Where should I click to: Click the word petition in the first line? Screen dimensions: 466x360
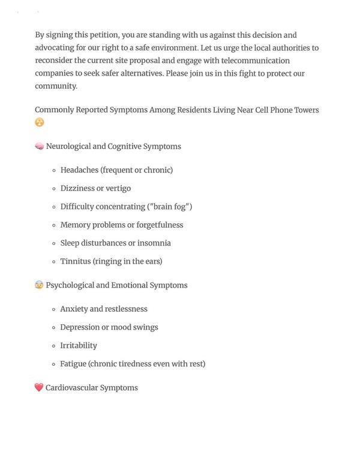tap(102, 35)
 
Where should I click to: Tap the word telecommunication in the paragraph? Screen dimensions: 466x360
tap(256, 61)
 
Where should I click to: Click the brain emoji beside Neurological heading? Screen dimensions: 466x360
tap(39, 147)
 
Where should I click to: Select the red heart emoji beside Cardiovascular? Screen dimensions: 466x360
tap(39, 388)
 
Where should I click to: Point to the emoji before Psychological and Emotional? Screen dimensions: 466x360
tap(39, 285)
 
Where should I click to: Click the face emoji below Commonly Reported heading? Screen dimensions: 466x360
tap(40, 123)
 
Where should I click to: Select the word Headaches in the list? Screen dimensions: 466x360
tap(79, 171)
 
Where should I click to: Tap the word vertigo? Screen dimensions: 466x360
tap(118, 189)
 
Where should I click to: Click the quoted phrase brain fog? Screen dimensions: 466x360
tap(170, 207)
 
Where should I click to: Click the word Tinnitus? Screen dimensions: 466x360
tap(75, 262)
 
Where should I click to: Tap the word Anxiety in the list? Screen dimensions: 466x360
tap(74, 309)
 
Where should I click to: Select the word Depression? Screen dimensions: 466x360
tap(79, 327)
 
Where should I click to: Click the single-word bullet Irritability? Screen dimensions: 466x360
tap(79, 346)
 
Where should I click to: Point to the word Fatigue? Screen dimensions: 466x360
tap(73, 364)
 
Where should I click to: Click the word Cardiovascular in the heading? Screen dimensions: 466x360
tap(71, 388)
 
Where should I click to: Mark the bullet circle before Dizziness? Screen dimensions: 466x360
tap(54, 189)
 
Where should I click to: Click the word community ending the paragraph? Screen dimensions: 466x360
tap(55, 86)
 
